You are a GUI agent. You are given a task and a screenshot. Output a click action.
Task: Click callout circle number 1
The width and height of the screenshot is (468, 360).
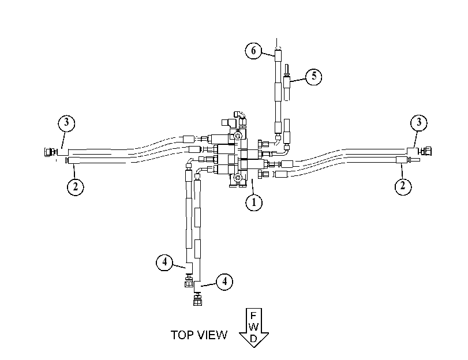click(x=254, y=202)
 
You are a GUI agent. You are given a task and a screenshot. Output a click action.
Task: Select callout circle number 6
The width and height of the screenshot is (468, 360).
click(x=253, y=51)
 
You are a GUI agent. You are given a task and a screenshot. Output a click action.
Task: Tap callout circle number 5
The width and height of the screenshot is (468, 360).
click(x=314, y=76)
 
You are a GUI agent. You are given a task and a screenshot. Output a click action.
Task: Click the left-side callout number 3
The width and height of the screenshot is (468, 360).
click(x=66, y=123)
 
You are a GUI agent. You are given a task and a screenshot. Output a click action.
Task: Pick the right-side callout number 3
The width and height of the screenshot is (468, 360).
click(x=419, y=122)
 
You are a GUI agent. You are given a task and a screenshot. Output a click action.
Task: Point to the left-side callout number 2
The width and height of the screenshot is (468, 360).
click(x=75, y=187)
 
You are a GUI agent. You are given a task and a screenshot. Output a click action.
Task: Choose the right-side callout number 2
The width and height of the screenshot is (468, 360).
click(x=403, y=186)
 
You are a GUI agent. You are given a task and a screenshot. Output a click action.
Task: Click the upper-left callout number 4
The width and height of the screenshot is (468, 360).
click(x=164, y=262)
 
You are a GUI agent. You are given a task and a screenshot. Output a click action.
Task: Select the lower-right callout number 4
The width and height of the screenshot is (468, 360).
click(x=224, y=282)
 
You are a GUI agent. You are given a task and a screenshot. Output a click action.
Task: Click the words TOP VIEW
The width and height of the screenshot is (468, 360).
click(x=199, y=335)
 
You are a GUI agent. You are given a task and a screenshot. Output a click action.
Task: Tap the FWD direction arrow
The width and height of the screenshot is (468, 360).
click(x=254, y=328)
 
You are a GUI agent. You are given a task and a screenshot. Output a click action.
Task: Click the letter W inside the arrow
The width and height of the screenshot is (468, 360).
click(x=253, y=327)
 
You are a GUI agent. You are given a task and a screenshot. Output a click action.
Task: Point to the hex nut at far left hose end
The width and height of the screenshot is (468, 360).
click(x=48, y=152)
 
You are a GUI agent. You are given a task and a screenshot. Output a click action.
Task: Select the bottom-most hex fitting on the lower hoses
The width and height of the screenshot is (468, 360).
click(x=197, y=301)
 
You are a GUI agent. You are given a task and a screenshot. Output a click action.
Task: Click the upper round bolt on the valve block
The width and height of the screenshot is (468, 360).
click(x=238, y=136)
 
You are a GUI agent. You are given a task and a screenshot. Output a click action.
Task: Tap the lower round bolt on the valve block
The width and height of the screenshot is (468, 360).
click(x=238, y=178)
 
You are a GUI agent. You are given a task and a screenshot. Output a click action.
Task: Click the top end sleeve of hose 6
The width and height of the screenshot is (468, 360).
click(x=278, y=55)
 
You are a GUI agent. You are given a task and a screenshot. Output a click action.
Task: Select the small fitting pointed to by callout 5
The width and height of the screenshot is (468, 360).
click(x=287, y=82)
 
